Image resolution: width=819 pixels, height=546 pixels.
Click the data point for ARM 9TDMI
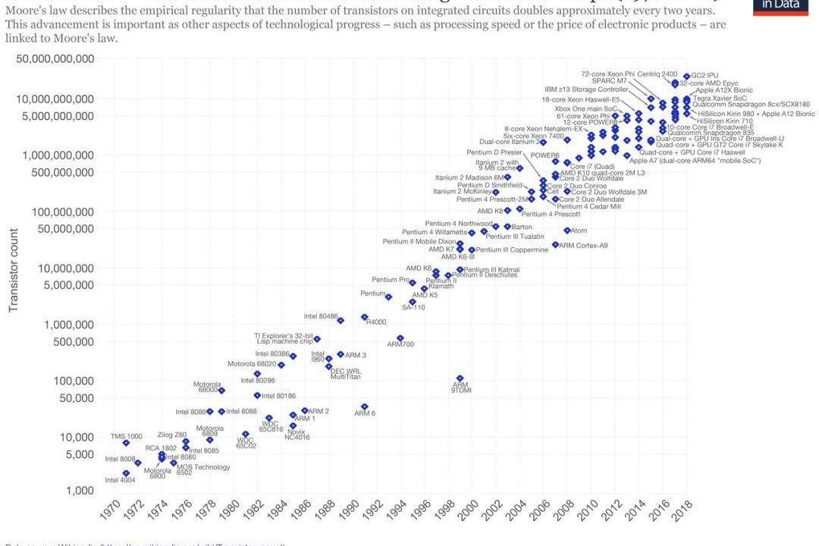coord(460,378)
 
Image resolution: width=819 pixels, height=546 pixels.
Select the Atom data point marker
coord(566,231)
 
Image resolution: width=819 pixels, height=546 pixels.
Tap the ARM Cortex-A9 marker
coord(555,245)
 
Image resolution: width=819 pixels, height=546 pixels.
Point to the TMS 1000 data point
coord(126,443)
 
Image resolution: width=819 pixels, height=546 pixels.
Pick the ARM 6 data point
coord(364,407)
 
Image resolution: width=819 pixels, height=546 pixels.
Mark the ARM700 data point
coord(400,338)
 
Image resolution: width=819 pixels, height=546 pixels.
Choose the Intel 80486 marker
coord(340,321)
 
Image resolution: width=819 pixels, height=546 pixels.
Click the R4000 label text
coord(376,322)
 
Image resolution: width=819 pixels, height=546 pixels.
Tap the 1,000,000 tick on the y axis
coord(62,325)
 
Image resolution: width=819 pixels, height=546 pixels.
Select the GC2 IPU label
coord(704,75)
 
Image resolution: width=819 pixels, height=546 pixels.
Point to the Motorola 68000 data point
coord(221,391)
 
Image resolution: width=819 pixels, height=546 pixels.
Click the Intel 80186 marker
coord(257,395)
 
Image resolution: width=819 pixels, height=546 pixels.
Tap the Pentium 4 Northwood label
coord(459,224)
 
